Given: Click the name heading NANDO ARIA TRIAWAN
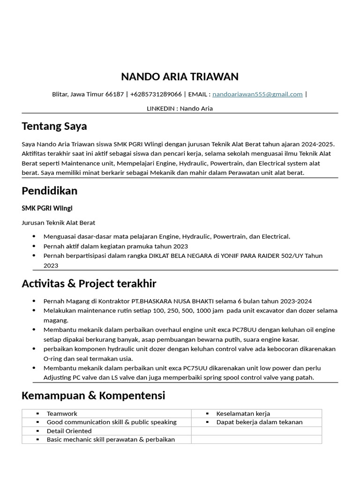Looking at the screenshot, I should [180, 76].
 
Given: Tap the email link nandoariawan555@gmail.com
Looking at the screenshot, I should [257, 94].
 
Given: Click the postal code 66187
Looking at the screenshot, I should [115, 94].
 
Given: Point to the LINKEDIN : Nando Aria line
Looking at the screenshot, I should [180, 108].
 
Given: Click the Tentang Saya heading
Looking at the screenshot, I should [54, 126].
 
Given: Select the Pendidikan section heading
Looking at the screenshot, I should [50, 191].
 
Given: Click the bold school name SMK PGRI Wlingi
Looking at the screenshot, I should [47, 208].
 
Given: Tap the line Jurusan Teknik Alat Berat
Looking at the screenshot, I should [59, 223].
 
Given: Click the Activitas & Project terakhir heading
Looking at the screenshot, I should [89, 284].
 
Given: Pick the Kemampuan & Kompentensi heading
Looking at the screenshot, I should [93, 396].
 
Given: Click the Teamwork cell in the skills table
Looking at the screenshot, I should [62, 413].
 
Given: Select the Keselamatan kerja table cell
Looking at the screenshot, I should [243, 413].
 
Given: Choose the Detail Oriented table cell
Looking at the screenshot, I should [69, 431].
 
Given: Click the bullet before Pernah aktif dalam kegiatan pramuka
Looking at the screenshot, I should [35, 246].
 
